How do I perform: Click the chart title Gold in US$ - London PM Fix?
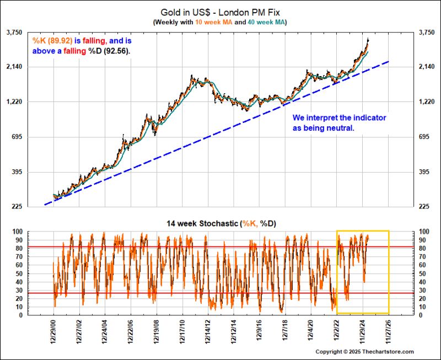pyautogui.click(x=220, y=12)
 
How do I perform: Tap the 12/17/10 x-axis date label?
pyautogui.click(x=182, y=333)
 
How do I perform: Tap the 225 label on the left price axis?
pyautogui.click(x=15, y=207)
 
